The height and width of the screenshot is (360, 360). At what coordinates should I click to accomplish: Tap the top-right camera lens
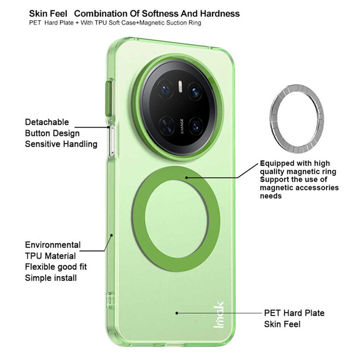195,91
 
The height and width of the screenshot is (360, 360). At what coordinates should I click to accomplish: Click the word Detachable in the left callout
47,122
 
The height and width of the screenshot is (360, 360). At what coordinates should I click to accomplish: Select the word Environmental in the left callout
53,245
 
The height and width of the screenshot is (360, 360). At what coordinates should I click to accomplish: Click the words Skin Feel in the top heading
48,13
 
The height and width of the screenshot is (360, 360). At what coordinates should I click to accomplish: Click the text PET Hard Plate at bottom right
294,313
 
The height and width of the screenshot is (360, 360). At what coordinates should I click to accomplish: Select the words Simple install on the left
51,278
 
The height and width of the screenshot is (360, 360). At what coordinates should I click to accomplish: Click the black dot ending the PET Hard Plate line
177,312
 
